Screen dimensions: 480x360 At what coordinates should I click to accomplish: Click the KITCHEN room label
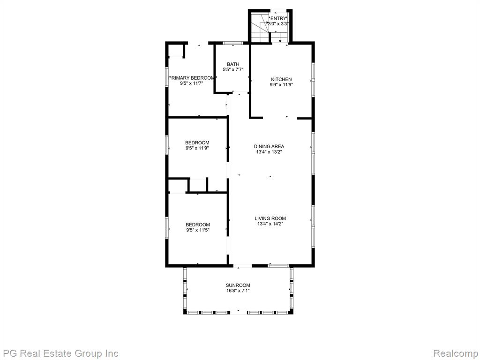point(281,79)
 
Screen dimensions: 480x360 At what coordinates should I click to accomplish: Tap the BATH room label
point(233,64)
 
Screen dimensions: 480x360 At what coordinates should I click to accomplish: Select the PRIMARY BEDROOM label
point(191,78)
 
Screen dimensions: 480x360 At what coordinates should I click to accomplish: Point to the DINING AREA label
point(269,146)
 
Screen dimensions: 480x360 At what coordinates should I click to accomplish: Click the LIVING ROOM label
point(270,218)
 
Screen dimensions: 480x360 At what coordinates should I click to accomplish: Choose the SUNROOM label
point(238,285)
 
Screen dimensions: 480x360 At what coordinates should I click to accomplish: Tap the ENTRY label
point(278,18)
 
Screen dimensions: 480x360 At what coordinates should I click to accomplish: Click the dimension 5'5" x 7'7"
point(233,70)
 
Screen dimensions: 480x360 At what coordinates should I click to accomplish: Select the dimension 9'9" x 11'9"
point(281,85)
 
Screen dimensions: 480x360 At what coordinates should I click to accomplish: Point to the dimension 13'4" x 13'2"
point(269,152)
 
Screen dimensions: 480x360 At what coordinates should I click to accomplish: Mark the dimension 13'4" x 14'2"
point(270,224)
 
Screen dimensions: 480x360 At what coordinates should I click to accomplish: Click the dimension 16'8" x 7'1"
point(238,291)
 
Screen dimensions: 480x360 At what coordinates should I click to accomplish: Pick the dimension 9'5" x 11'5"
point(197,230)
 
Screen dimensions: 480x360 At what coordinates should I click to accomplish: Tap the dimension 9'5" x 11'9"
point(197,148)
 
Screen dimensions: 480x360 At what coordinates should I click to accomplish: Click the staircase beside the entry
point(260,27)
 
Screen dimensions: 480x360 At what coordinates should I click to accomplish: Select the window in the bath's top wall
point(233,43)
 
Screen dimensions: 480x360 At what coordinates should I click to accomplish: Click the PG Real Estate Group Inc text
point(60,353)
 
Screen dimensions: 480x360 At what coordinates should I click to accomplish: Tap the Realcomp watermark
point(456,353)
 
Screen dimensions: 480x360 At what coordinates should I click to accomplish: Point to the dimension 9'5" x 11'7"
point(191,83)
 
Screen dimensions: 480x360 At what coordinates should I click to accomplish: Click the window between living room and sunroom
point(278,265)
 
